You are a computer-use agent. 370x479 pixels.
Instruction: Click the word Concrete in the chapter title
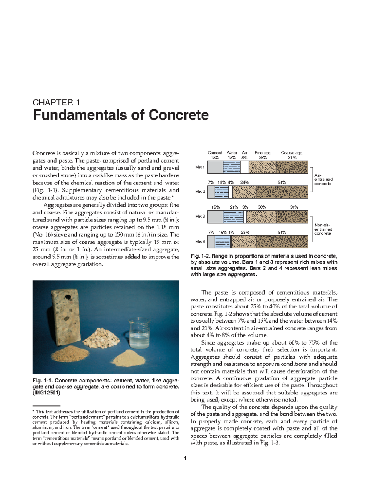point(179,115)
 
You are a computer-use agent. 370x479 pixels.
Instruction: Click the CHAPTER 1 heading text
point(56,102)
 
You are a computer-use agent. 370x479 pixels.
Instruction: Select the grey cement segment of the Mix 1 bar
point(215,167)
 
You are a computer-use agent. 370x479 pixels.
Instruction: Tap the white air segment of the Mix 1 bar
point(244,167)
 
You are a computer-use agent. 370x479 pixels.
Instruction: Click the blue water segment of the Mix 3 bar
point(233,217)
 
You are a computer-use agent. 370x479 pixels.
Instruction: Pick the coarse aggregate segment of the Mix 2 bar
point(282,192)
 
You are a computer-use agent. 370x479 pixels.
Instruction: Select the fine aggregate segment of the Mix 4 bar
point(244,242)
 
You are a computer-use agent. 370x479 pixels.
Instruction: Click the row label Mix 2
point(200,192)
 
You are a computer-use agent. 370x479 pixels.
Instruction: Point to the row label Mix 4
point(200,242)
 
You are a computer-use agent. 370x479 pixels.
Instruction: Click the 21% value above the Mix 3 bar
point(234,207)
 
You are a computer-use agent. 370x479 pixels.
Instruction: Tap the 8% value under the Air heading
point(244,158)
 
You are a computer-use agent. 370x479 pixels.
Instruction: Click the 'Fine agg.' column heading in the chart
point(263,153)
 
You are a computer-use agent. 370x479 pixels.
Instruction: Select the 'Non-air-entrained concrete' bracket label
point(323,229)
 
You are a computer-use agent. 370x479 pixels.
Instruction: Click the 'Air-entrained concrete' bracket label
point(323,179)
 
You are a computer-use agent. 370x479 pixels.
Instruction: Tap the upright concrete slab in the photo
point(66,315)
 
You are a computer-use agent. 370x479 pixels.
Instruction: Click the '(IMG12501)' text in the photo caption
point(46,393)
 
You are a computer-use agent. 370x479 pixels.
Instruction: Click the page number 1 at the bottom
point(185,459)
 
